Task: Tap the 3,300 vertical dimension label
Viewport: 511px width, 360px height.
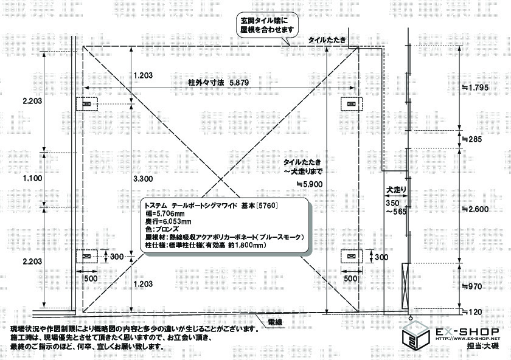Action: click(x=142, y=178)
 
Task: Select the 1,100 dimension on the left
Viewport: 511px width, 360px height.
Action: click(x=32, y=178)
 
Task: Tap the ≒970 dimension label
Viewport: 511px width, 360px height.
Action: click(x=472, y=285)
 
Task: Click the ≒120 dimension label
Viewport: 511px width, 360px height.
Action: click(x=472, y=311)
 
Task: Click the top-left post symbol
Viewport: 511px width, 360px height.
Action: click(x=86, y=104)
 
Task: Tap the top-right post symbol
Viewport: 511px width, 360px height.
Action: click(x=350, y=104)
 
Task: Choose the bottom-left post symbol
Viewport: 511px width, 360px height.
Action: click(x=86, y=257)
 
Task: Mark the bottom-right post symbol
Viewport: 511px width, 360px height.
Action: click(x=350, y=257)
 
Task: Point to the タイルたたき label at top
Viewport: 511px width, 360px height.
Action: click(x=327, y=40)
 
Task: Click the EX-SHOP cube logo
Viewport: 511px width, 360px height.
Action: click(x=415, y=335)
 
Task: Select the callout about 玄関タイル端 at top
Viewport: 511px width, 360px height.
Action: click(x=263, y=25)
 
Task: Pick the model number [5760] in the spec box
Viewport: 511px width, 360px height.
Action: click(x=267, y=206)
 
